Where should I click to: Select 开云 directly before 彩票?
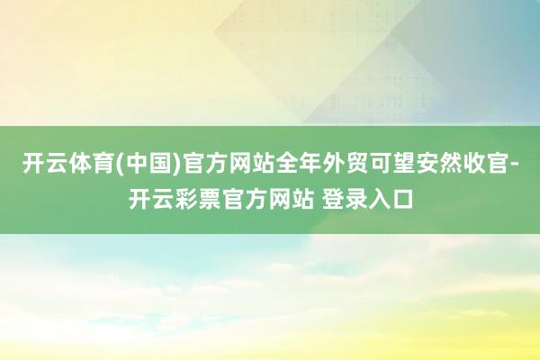coord(149,197)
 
